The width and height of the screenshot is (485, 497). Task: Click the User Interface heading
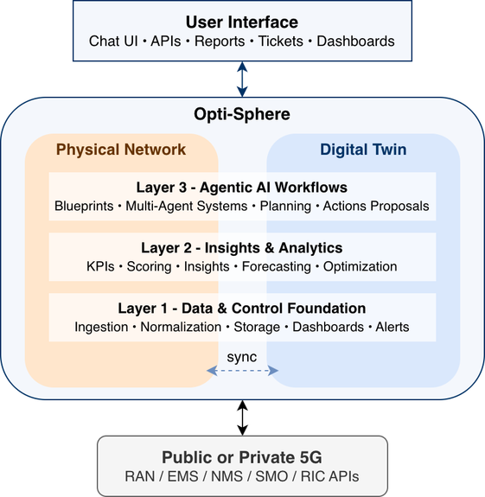241,22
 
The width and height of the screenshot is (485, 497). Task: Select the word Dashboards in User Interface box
356,41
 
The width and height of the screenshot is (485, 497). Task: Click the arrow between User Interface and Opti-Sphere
242,79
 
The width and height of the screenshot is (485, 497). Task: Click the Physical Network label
121,150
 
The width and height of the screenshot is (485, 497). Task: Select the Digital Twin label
363,150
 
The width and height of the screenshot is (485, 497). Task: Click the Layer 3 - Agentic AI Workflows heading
242,188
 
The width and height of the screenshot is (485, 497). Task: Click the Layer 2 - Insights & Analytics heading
242,248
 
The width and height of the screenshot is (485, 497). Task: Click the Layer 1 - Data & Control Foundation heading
242,309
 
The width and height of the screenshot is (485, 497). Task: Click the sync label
242,356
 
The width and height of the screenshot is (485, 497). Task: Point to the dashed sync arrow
242,371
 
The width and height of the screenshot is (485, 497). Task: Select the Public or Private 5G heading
242,457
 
